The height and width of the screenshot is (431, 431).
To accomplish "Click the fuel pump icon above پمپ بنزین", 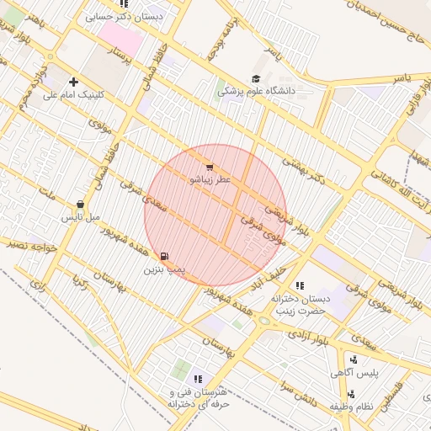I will (x=163, y=256).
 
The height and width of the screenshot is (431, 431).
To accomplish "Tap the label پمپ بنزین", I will (x=163, y=269).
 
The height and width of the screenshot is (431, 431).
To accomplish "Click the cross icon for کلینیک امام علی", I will (x=74, y=82).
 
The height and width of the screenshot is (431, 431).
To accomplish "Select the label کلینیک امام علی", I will (x=74, y=95).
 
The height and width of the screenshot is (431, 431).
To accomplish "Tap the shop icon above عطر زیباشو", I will (x=209, y=168).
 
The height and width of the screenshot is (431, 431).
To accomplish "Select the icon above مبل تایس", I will (x=80, y=204).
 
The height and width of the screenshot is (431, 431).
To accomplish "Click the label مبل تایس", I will (x=80, y=217).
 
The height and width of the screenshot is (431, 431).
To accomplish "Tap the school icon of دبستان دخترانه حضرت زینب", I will (x=300, y=285).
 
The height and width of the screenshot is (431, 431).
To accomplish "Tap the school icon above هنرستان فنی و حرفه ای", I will (x=199, y=380).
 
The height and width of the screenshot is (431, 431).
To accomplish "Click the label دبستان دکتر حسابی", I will (x=130, y=16).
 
